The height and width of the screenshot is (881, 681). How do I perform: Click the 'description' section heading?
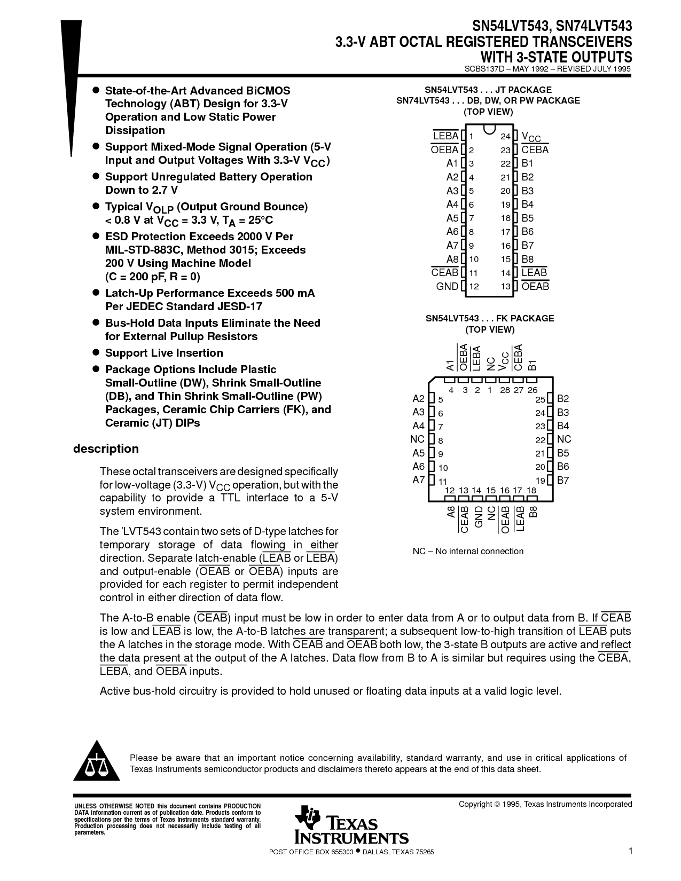[x=106, y=449]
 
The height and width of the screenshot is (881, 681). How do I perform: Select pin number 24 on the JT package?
[x=505, y=137]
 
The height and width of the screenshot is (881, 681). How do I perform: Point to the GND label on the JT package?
[x=447, y=286]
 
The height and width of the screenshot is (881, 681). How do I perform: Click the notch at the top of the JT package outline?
[x=489, y=129]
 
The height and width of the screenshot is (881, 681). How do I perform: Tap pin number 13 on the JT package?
[x=505, y=287]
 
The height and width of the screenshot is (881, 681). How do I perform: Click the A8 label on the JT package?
[x=452, y=259]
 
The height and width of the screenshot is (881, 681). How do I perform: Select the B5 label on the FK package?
[x=563, y=453]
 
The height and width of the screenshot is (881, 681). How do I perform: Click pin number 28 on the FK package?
[x=505, y=390]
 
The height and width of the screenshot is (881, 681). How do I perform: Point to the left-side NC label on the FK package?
[x=417, y=439]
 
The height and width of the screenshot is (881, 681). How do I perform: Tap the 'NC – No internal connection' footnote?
[x=468, y=551]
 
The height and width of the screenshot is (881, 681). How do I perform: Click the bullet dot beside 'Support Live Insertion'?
[x=97, y=352]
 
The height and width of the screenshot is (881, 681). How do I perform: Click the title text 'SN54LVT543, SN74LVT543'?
[x=552, y=26]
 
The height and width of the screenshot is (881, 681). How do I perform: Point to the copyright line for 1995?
[x=545, y=804]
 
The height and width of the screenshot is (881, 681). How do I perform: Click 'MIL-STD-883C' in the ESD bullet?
[x=141, y=250]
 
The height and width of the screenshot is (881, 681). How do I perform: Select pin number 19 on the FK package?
[x=541, y=481]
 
